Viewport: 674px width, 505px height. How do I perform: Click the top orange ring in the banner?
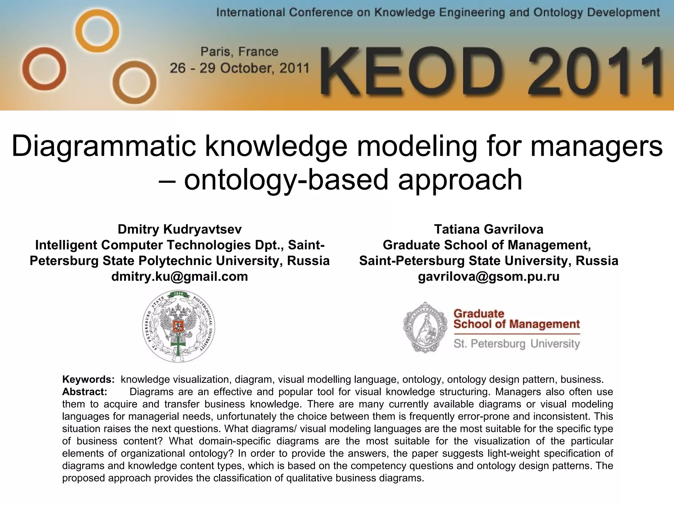97,31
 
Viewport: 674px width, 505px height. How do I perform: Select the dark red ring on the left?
44,69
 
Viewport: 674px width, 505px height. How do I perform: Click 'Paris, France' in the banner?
239,52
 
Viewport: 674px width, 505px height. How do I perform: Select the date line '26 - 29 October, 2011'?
239,68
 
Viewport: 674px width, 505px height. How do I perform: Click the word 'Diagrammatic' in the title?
104,146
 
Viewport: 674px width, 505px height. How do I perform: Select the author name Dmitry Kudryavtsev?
180,229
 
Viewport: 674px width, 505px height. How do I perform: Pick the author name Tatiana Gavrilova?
489,229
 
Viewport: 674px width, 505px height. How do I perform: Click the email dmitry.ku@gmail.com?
180,277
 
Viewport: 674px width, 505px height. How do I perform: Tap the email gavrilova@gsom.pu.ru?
489,277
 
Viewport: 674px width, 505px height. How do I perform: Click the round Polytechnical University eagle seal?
179,326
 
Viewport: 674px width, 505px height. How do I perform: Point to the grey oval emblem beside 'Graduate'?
426,327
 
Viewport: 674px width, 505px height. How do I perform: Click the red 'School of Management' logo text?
516,324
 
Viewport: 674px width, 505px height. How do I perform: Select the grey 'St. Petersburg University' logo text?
516,344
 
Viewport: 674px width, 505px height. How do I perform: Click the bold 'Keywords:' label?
88,379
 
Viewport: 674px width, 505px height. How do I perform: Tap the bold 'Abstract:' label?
85,392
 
